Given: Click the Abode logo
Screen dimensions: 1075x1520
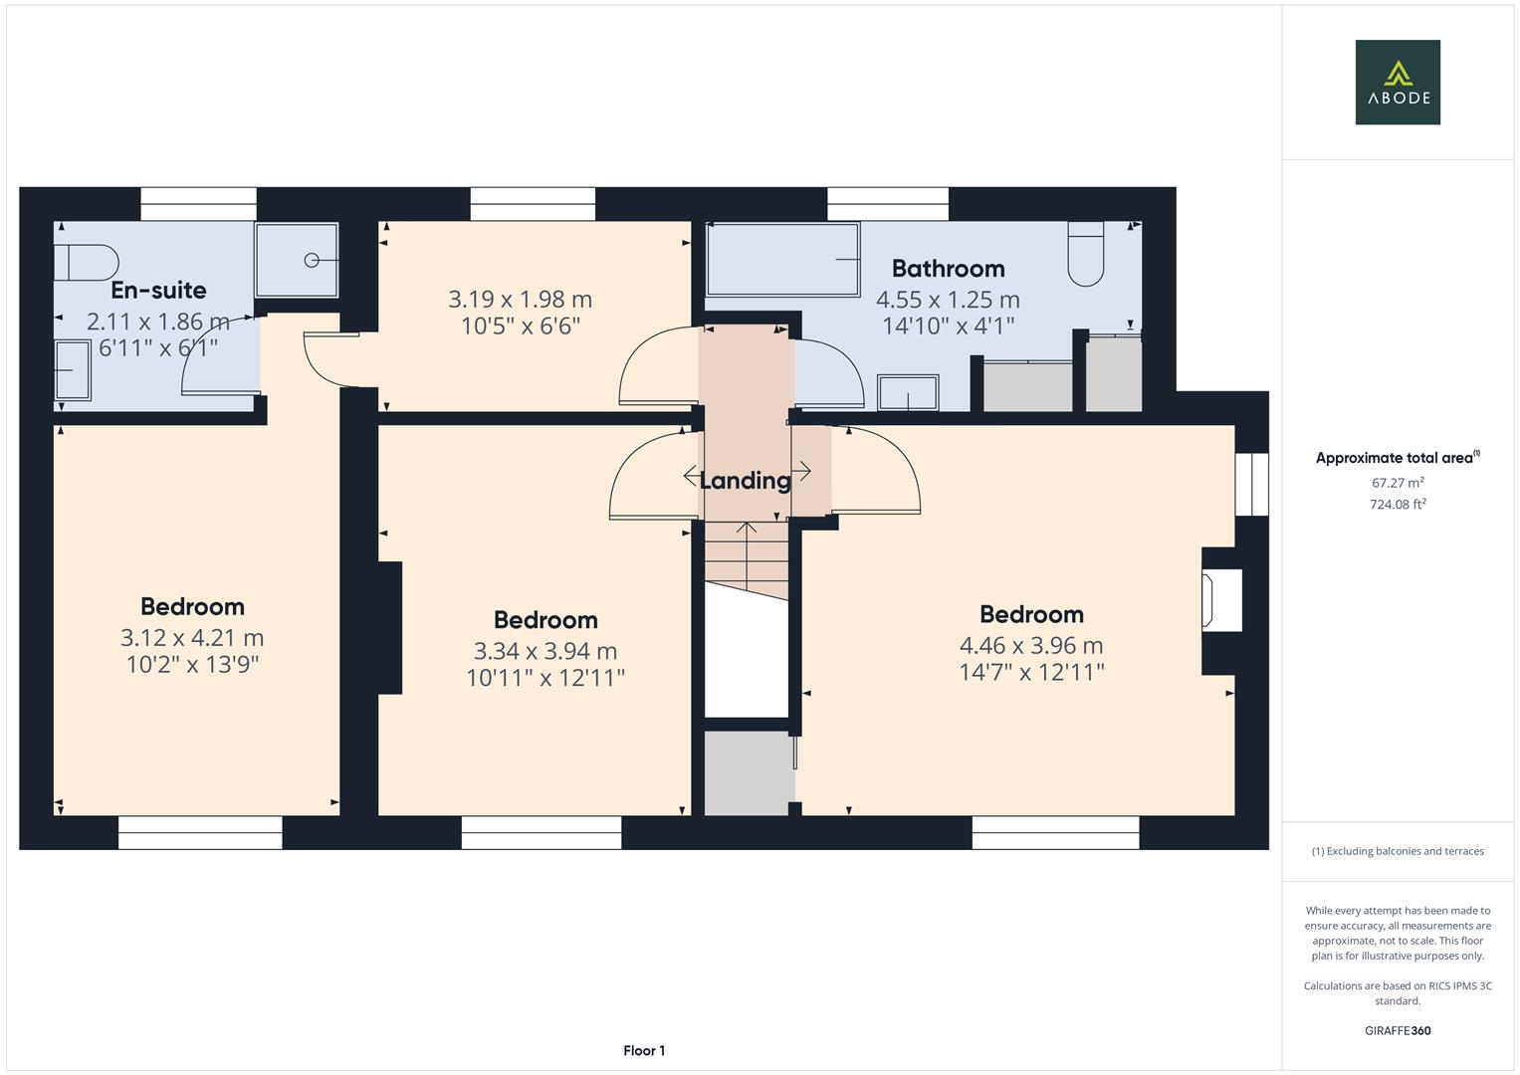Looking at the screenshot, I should [1398, 82].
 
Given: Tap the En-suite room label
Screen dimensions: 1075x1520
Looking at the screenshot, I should [158, 291].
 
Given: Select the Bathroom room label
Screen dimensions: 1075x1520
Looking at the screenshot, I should [948, 269].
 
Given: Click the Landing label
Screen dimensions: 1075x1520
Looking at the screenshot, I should [745, 481].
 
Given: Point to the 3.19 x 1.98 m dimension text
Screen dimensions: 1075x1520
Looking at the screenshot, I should [520, 299].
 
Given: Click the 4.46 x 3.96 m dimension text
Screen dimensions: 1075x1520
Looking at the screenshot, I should [1031, 645].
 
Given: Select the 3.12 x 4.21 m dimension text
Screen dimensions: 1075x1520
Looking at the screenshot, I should [192, 637].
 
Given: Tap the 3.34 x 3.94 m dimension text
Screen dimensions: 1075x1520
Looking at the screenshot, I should [545, 651].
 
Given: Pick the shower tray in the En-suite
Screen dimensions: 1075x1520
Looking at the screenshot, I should [297, 260].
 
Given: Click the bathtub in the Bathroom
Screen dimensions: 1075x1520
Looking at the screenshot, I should [782, 260].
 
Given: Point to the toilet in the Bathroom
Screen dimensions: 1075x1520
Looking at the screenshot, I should [1086, 255].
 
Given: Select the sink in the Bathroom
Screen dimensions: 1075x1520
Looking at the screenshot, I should [908, 392].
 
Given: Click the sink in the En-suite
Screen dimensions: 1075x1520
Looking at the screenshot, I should [73, 370].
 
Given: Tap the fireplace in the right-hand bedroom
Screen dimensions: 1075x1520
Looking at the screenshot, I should [1221, 600].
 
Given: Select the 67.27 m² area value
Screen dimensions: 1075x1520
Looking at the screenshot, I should [1398, 483].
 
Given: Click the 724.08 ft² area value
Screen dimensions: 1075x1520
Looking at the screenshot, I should [1398, 505].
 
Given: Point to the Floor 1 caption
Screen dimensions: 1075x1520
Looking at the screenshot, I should [644, 1050].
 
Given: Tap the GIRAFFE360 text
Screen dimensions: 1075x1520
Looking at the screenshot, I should [1398, 1030].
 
